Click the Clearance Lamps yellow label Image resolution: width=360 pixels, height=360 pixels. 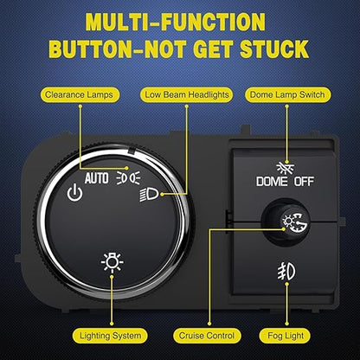[79, 95]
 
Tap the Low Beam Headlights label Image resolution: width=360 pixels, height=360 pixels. [186, 95]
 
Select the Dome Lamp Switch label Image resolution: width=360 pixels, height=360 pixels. [287, 95]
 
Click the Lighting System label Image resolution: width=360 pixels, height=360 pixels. [110, 336]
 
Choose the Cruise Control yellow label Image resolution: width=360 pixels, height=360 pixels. [207, 336]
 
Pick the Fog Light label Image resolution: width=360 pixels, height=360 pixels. [286, 336]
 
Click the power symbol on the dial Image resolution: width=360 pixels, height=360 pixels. [74, 193]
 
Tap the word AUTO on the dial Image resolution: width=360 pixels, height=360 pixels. [97, 178]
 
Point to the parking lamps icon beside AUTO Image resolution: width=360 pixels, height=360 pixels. [128, 177]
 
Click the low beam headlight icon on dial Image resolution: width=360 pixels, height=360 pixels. [149, 195]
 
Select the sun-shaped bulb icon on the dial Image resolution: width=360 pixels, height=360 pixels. [112, 262]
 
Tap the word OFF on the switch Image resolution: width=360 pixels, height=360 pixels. [304, 182]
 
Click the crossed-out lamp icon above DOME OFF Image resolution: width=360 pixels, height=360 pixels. [286, 168]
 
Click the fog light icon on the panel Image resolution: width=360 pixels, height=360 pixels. [286, 273]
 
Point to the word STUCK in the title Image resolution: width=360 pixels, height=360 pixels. [274, 49]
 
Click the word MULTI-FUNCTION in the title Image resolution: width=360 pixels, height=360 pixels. [176, 22]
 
